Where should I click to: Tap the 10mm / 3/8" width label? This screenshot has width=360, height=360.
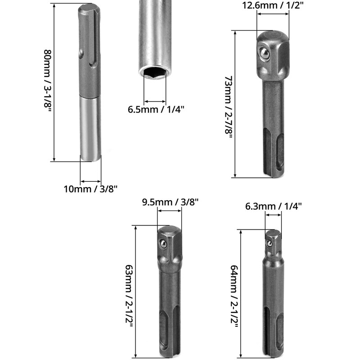[x=90, y=188]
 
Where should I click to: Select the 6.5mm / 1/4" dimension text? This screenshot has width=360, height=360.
[x=156, y=109]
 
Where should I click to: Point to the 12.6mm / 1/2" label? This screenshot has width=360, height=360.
[x=272, y=5]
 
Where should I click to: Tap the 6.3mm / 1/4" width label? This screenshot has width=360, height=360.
[x=274, y=206]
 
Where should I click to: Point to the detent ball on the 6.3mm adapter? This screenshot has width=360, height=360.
[x=269, y=243]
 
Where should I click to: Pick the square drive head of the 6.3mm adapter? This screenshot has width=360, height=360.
[x=272, y=243]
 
